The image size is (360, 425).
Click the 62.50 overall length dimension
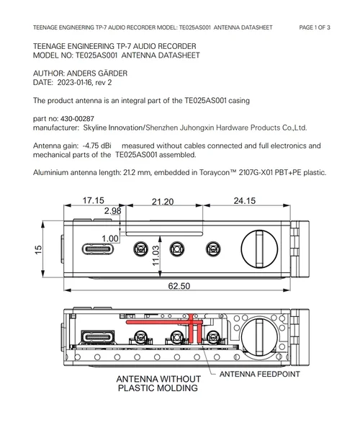pos(179,286)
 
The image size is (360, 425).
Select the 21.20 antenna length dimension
pos(163,202)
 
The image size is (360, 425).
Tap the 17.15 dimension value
pos(93,200)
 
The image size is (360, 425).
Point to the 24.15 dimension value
pos(244,200)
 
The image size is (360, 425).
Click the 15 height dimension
pos(38,249)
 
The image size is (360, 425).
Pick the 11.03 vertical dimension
pos(156,256)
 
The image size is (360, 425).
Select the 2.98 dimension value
pos(112,210)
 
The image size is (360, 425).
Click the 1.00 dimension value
pos(110,238)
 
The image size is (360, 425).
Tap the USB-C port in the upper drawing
pos(97,249)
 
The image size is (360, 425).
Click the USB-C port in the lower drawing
pos(97,337)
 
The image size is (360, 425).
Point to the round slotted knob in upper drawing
pos(259,249)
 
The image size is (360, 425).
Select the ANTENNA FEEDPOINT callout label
pos(259,374)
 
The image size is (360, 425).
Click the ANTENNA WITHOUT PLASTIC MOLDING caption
pos(158,383)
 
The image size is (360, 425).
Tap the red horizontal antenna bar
pos(164,322)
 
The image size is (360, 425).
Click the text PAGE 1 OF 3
pos(315,27)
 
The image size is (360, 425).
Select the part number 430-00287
pos(77,118)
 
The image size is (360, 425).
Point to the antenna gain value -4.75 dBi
pos(96,146)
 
